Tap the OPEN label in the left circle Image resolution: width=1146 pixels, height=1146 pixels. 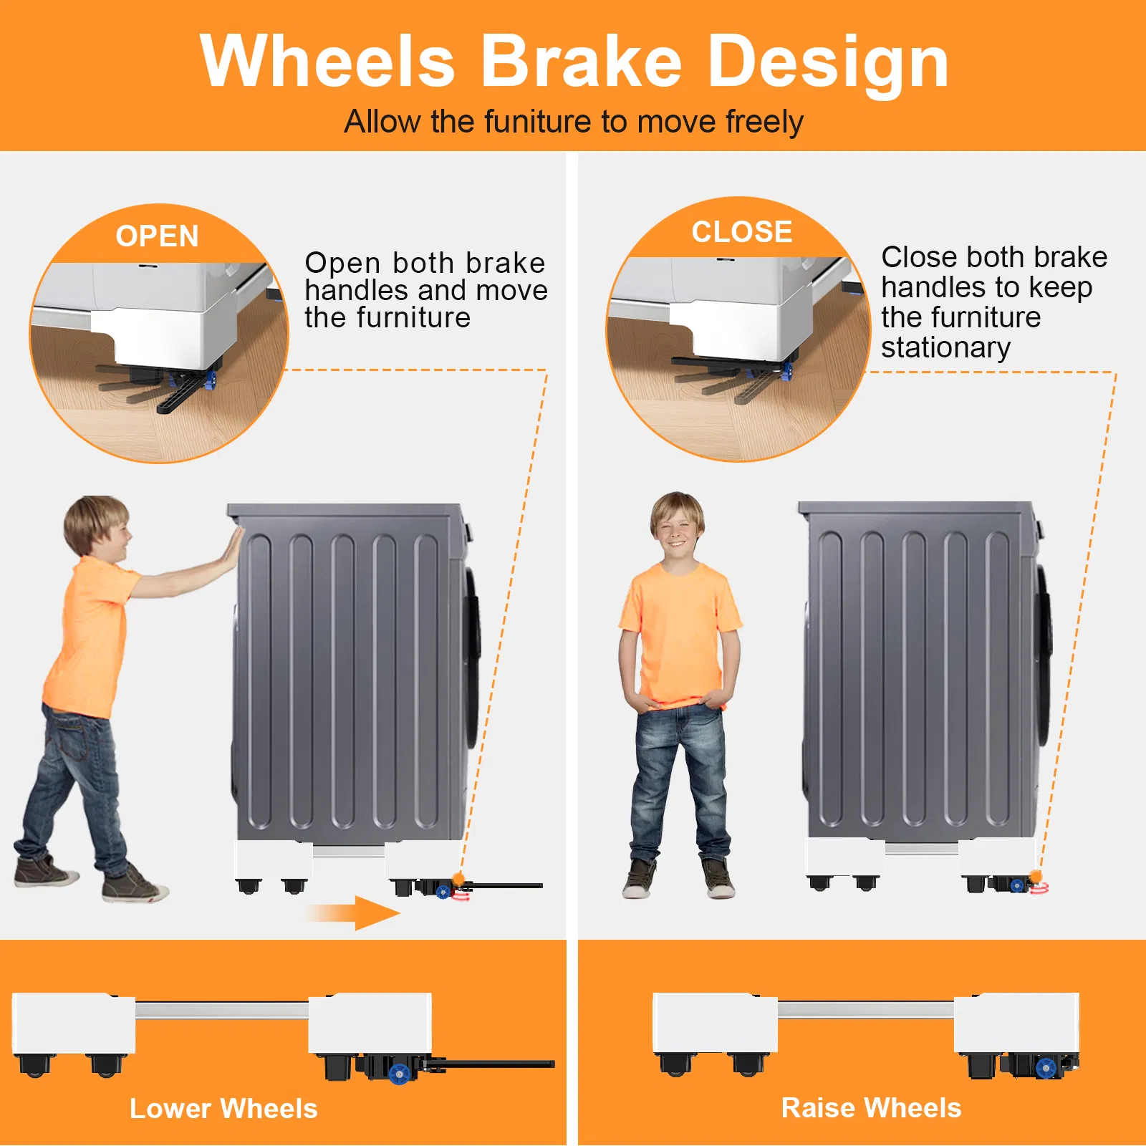158,236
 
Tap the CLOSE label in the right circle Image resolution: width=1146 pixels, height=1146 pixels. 742,232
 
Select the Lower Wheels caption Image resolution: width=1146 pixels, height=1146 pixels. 223,1109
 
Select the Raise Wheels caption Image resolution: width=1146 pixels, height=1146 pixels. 871,1108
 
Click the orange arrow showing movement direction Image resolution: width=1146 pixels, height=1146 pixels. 354,913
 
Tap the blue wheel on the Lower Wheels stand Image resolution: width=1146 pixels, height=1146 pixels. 399,1073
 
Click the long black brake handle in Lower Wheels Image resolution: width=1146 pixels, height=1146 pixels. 494,1064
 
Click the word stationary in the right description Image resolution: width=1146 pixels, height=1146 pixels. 945,347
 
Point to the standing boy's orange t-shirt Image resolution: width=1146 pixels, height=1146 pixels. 679,634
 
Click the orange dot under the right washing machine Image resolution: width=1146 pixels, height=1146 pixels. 1035,877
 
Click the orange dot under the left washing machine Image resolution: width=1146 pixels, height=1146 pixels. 458,878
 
